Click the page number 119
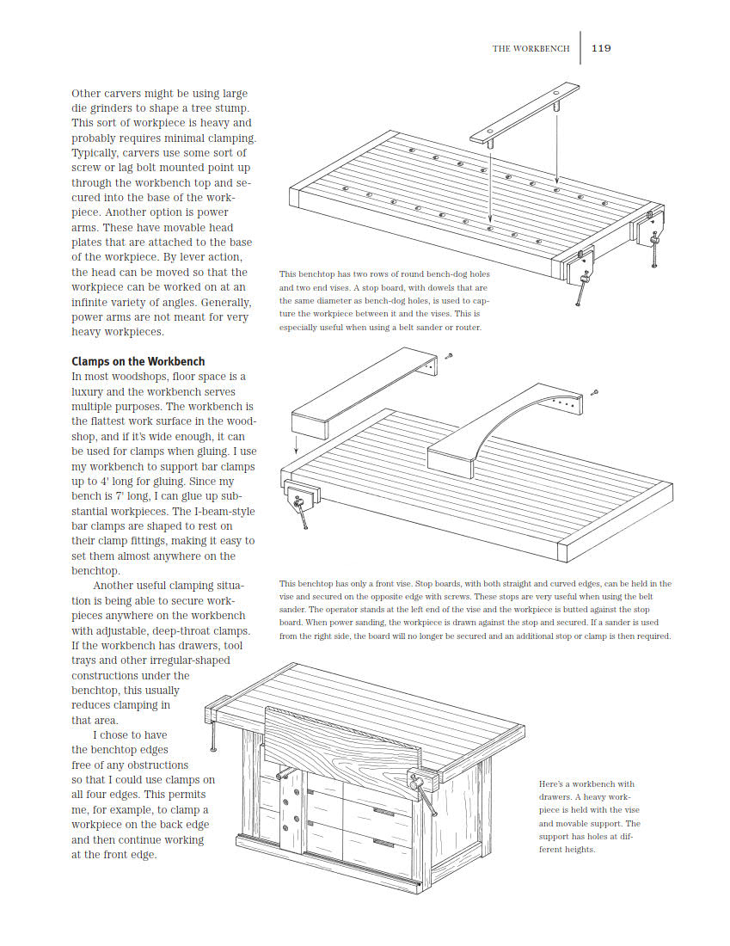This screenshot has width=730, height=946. pos(601,48)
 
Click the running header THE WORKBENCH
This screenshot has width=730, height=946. pos(531,49)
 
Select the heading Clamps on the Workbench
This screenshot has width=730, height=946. pos(138,362)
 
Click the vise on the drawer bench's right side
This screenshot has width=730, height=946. pos(423,783)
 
